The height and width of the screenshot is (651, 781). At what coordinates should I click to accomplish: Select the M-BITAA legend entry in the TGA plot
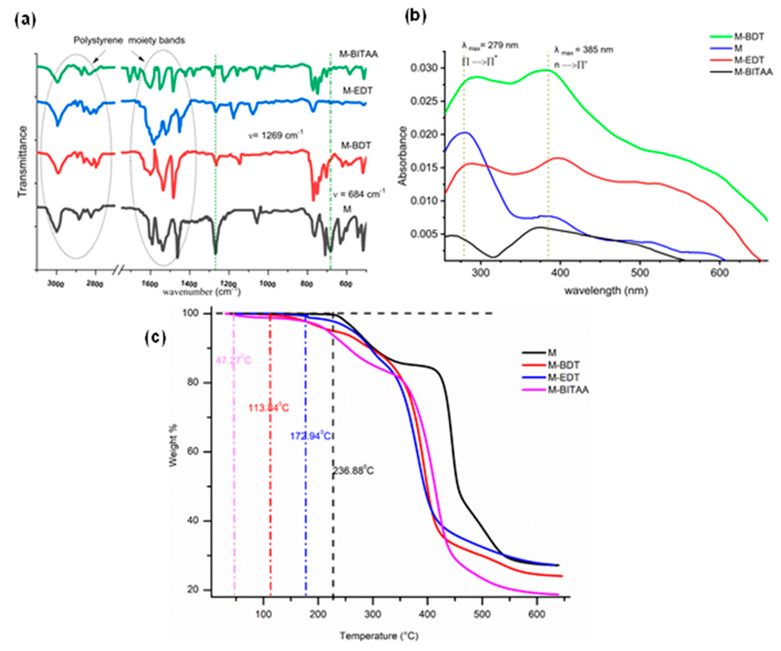point(568,390)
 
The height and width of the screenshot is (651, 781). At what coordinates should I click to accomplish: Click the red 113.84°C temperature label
point(269,408)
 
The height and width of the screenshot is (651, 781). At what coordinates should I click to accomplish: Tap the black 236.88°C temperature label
point(353,471)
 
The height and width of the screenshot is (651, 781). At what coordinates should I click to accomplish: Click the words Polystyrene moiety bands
point(129,40)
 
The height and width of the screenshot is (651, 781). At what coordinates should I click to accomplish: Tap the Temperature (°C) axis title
point(379,636)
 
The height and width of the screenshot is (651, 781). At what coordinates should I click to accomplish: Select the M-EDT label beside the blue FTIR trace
point(358,91)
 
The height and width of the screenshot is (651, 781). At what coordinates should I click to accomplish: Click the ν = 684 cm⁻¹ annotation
point(358,193)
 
